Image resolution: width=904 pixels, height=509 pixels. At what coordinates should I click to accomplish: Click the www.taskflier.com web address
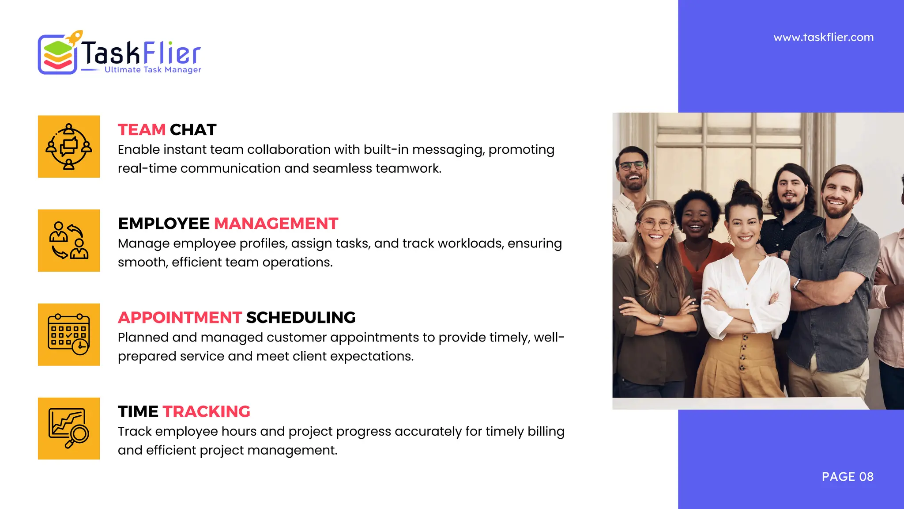point(823,38)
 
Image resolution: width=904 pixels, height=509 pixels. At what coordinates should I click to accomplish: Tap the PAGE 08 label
point(847,477)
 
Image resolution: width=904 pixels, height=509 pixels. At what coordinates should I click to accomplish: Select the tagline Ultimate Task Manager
point(153,70)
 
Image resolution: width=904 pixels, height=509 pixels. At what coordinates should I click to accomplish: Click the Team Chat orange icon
point(69,147)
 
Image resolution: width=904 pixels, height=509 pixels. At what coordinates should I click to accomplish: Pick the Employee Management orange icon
point(69,240)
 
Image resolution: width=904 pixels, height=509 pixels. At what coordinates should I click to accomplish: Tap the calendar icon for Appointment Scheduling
point(69,334)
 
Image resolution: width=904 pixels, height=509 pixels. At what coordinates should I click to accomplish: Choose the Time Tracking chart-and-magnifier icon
point(69,429)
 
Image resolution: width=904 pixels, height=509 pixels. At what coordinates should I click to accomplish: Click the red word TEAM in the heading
point(141,130)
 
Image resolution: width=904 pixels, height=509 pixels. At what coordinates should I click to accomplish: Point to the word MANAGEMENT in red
point(276,224)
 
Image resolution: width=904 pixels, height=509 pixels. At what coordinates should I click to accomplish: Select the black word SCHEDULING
point(301,318)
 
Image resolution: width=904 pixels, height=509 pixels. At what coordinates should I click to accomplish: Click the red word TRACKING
point(206,412)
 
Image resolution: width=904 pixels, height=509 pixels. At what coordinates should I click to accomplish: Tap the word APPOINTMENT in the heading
point(180,318)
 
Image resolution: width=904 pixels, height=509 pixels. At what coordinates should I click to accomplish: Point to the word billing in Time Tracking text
point(546,431)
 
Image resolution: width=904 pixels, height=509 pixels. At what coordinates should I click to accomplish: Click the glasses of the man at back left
point(632,166)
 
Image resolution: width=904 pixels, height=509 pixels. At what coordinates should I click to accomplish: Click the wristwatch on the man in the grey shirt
point(797,284)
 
